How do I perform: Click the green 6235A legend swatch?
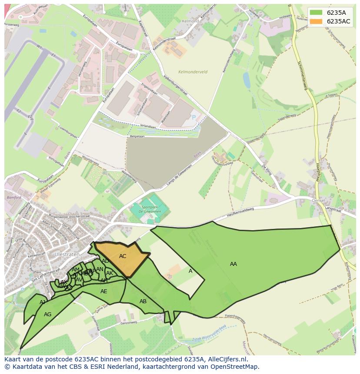[x=316, y=12]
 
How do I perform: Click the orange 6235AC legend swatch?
[x=316, y=21]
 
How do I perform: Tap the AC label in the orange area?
[x=123, y=256]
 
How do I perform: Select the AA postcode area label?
[x=233, y=264]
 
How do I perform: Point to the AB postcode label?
[x=143, y=301]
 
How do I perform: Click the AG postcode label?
[x=48, y=314]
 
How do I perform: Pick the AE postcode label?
[x=104, y=291]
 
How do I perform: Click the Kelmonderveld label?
[x=193, y=72]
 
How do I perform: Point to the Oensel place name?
[x=318, y=200]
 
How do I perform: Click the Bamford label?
[x=14, y=197]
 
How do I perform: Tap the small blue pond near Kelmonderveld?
[x=247, y=80]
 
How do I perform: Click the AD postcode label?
[x=105, y=261]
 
